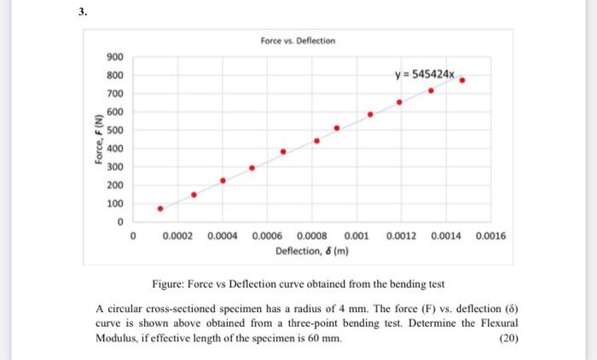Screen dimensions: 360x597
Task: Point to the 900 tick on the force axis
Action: point(115,57)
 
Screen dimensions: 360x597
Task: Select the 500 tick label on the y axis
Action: point(115,131)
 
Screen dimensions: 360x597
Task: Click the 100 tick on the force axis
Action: point(115,204)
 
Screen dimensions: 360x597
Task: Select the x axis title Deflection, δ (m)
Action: point(310,251)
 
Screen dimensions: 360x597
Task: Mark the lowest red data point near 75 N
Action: point(159,208)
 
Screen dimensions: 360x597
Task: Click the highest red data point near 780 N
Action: point(461,80)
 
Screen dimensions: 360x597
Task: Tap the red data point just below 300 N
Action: point(252,168)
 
